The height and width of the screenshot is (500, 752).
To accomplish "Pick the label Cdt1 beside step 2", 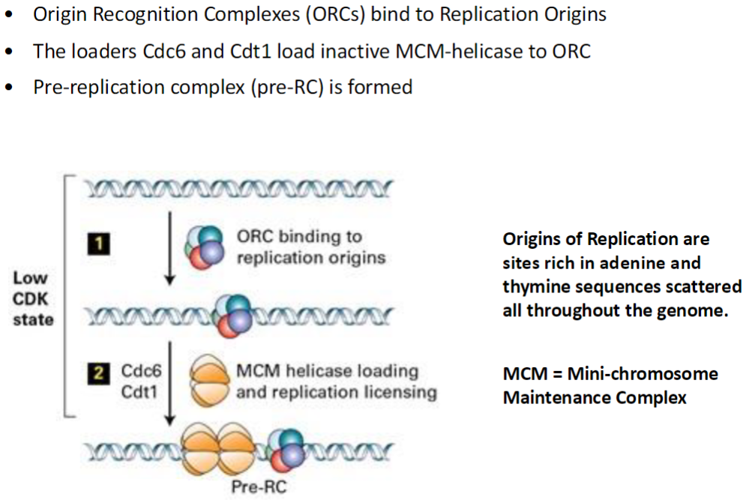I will click(140, 391).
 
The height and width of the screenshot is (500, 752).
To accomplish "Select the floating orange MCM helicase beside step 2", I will click(211, 381).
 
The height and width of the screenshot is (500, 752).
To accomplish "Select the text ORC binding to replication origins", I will click(310, 247).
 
